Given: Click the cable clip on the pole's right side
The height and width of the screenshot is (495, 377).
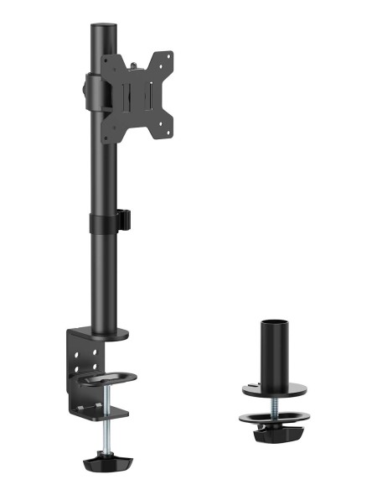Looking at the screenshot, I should coord(123,219).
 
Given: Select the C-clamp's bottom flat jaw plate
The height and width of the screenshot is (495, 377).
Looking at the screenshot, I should coord(105,413).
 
